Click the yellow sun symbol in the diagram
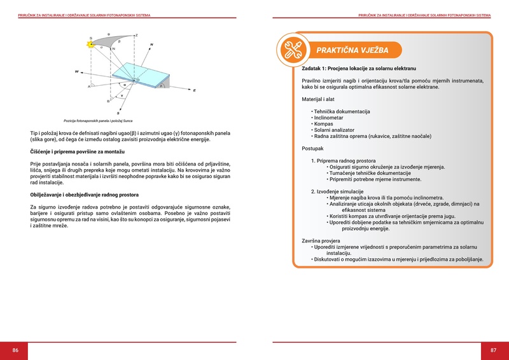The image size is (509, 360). click(x=92, y=45)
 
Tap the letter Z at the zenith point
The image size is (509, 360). click(x=137, y=35)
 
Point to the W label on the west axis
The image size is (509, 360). click(x=77, y=71)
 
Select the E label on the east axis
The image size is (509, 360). click(x=194, y=90)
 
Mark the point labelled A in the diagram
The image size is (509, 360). click(x=89, y=87)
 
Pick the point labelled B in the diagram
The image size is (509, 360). click(x=108, y=100)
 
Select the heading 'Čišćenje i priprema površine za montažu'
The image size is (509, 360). click(x=77, y=153)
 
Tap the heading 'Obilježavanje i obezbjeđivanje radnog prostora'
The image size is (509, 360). click(x=85, y=194)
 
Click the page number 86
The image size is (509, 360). click(x=15, y=350)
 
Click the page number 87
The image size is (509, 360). click(x=493, y=350)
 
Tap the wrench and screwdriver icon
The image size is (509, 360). click(x=292, y=50)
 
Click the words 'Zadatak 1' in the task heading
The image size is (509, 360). click(x=315, y=67)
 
